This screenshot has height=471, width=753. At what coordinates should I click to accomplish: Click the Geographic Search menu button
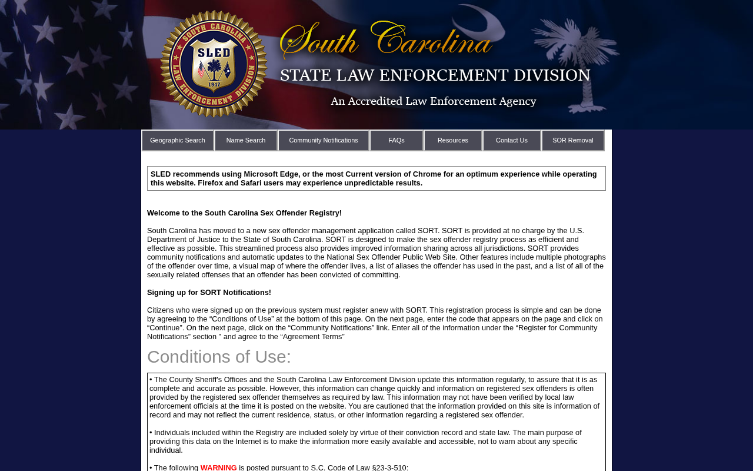click(x=178, y=140)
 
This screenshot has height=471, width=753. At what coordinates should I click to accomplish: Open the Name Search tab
click(x=246, y=140)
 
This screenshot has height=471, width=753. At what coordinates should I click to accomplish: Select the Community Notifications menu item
click(x=324, y=140)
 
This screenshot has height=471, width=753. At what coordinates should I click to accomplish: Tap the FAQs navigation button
click(x=397, y=140)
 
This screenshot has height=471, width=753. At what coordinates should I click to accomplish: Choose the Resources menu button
click(x=453, y=140)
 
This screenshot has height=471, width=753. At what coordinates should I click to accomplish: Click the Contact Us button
click(x=512, y=140)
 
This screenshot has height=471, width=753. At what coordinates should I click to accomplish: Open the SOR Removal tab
click(x=573, y=140)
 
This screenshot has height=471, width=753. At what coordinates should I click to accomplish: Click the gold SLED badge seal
click(x=214, y=64)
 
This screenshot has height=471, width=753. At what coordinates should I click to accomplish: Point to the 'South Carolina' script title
click(x=386, y=40)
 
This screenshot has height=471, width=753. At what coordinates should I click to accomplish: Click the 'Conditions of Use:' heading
click(x=219, y=357)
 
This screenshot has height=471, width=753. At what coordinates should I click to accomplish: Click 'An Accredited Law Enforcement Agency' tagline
click(x=434, y=101)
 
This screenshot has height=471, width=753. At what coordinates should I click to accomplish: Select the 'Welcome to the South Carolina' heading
click(x=244, y=213)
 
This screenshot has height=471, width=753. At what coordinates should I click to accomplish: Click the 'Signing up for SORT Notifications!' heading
click(x=209, y=293)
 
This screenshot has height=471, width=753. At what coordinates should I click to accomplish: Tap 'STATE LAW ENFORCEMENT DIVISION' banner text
click(x=435, y=75)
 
